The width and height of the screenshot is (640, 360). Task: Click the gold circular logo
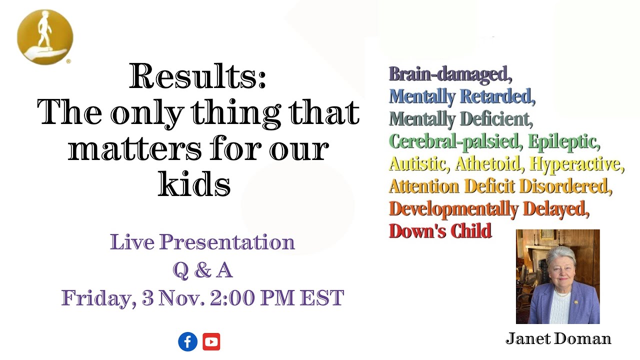[x=45, y=37]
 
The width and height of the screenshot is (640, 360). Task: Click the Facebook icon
[x=187, y=342]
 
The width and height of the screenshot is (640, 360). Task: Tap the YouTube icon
[x=211, y=342]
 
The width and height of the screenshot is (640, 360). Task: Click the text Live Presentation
[x=202, y=242]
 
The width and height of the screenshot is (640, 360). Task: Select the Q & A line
[x=202, y=270]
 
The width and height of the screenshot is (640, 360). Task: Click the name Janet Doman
[x=558, y=339]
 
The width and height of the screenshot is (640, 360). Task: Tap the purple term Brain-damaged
[x=448, y=74]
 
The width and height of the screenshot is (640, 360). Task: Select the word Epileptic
[x=563, y=141]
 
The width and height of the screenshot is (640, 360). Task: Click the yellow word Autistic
[x=417, y=163]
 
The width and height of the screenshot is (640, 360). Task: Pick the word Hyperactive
[x=575, y=163]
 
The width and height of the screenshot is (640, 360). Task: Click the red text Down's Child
[x=440, y=231]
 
